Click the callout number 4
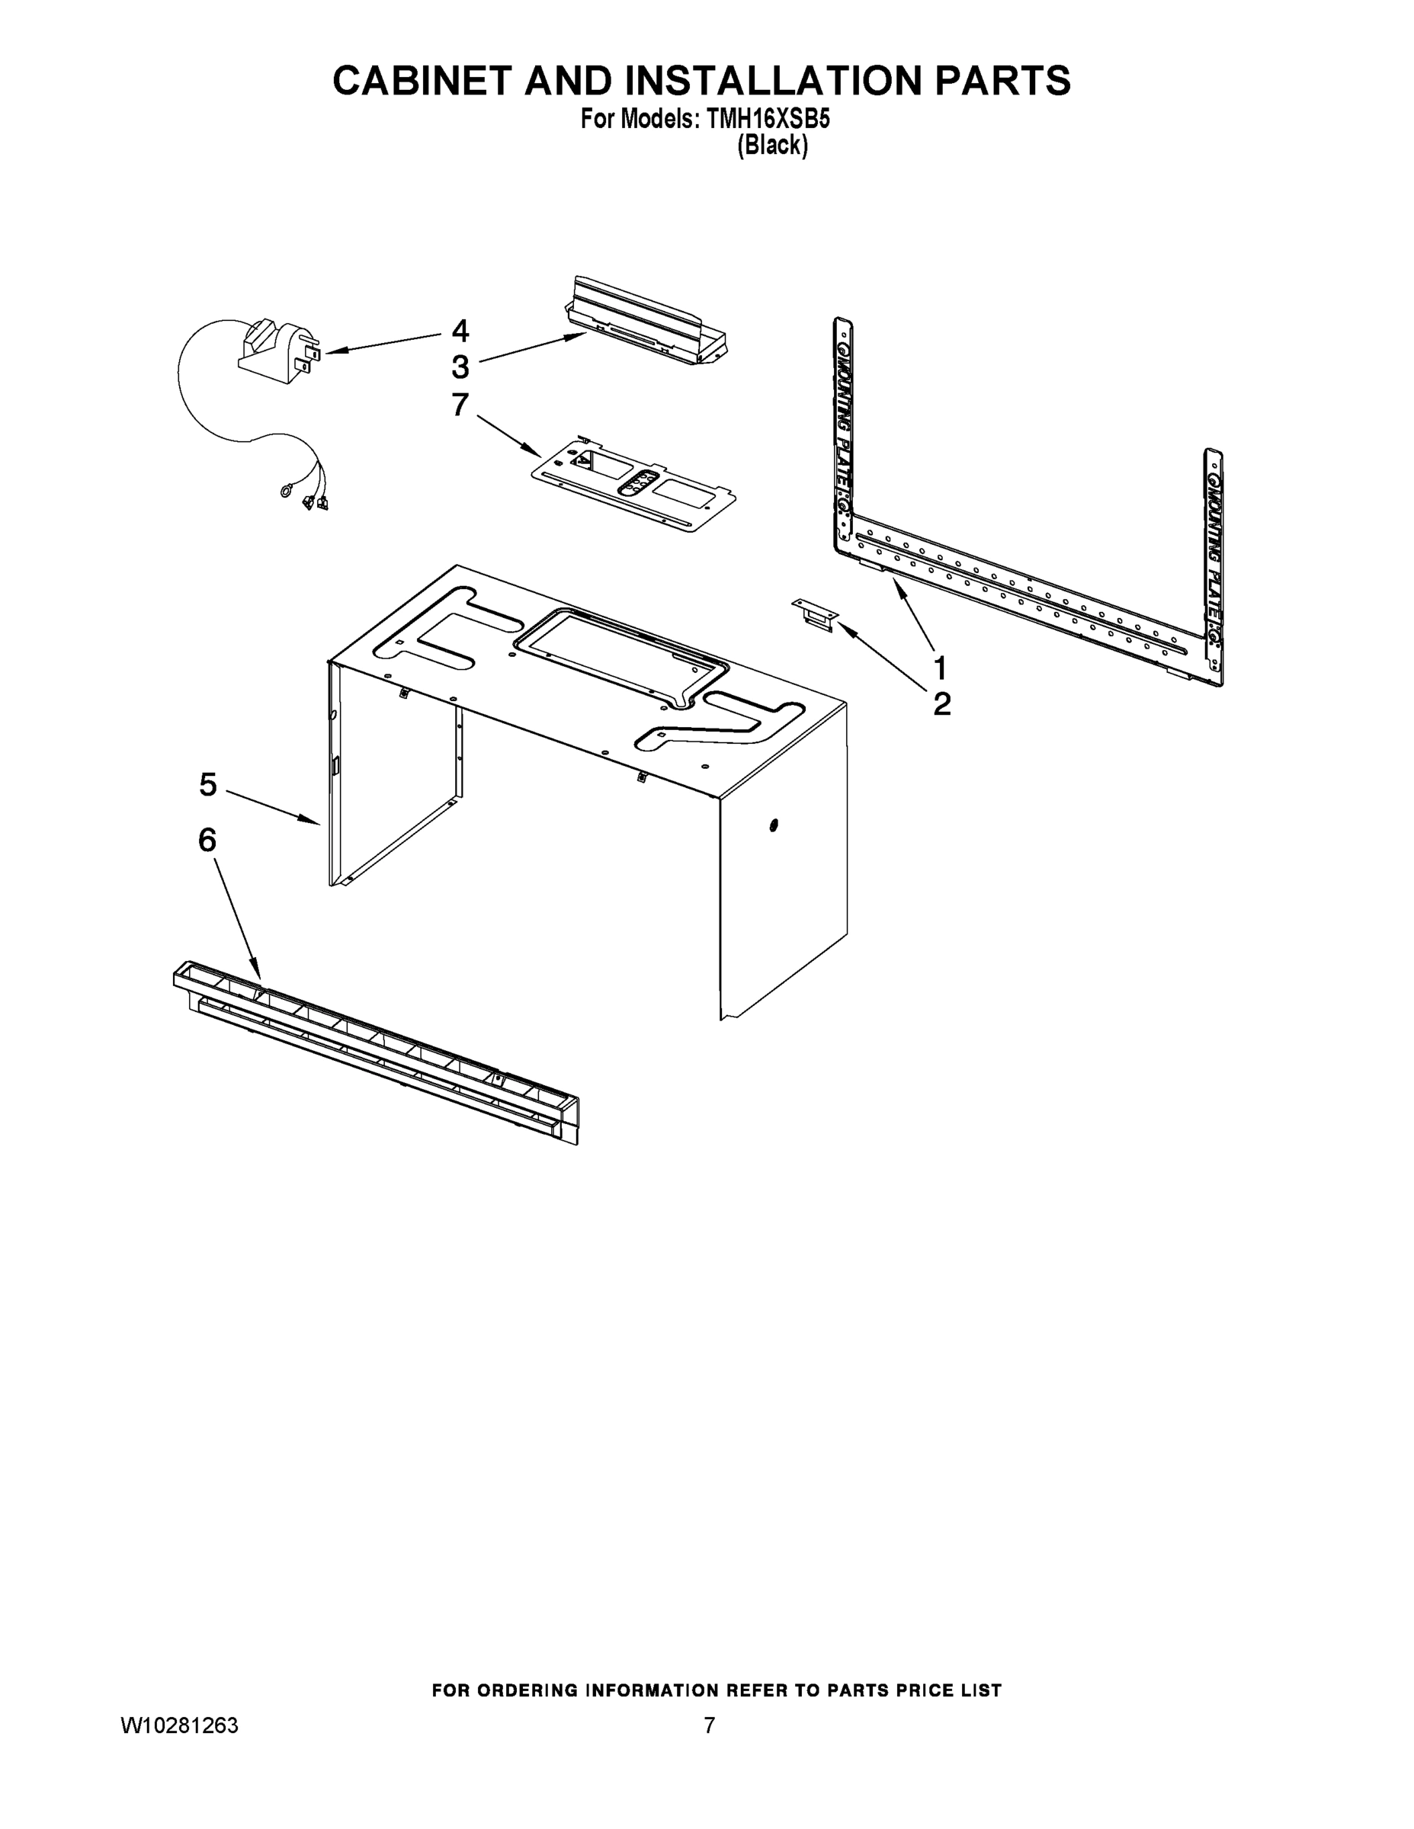click(x=460, y=331)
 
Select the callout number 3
click(x=460, y=367)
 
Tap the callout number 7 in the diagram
click(x=460, y=405)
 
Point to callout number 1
click(x=941, y=668)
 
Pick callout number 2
click(x=941, y=704)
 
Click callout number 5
click(x=208, y=785)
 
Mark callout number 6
click(x=207, y=839)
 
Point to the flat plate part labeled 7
click(x=635, y=483)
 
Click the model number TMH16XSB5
click(x=768, y=120)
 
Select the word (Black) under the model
click(x=771, y=146)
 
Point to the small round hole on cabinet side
click(x=772, y=827)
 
